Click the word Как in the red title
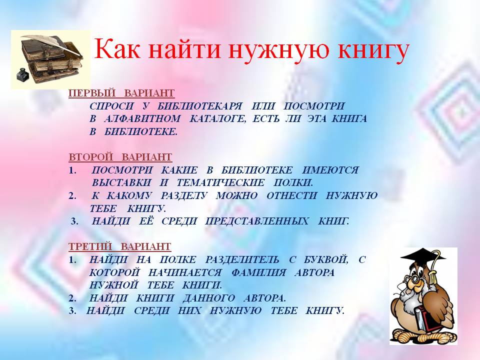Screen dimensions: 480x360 tap(117, 49)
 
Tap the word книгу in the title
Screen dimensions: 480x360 tap(373, 51)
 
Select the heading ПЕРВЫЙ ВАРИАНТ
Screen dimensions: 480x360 tap(121, 93)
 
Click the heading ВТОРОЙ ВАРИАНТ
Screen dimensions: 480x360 tap(120, 157)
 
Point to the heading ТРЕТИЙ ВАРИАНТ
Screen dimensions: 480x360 tap(119, 246)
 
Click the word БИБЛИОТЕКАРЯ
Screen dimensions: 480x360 tap(199, 106)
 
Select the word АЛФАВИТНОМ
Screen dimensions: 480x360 tap(142, 119)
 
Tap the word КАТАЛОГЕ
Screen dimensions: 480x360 tap(217, 119)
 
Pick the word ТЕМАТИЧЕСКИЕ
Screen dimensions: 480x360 tap(220, 183)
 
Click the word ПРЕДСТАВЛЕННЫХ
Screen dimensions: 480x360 tap(257, 221)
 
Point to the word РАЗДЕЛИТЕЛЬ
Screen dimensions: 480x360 tap(242, 260)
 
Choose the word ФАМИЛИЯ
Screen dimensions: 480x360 tap(258, 272)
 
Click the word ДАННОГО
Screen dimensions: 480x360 tap(209, 298)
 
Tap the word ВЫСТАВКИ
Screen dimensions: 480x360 tap(121, 183)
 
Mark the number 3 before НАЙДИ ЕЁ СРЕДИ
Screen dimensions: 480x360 tap(74, 221)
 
